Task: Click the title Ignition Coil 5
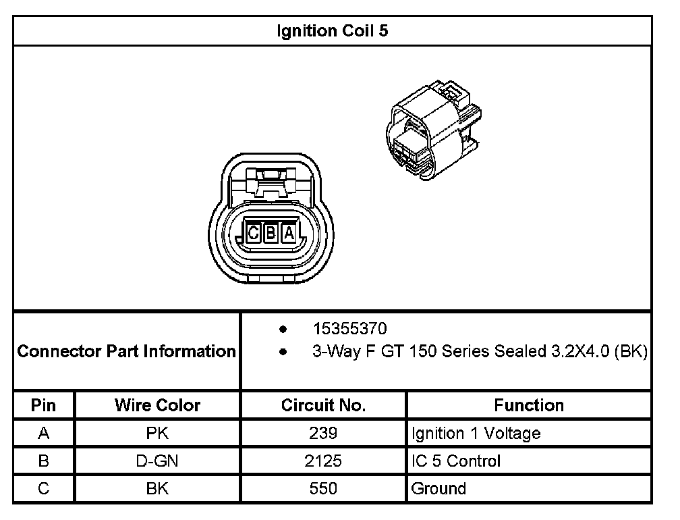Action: coord(333,31)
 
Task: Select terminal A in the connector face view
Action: coord(289,233)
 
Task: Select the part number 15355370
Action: coord(349,329)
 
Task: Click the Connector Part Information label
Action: coord(126,351)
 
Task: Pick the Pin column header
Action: coord(43,405)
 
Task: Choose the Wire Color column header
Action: coord(157,405)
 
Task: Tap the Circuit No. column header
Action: coord(323,405)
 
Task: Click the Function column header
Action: coord(529,405)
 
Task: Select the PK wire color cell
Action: coord(157,434)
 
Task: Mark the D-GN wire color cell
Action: coord(157,461)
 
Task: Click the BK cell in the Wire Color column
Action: coord(157,489)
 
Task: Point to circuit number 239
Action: coord(323,434)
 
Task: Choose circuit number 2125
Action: coord(323,461)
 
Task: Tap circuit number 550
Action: coord(323,489)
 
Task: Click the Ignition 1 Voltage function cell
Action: coord(476,434)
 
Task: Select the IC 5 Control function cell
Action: coord(456,461)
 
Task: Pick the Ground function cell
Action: coord(438,489)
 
